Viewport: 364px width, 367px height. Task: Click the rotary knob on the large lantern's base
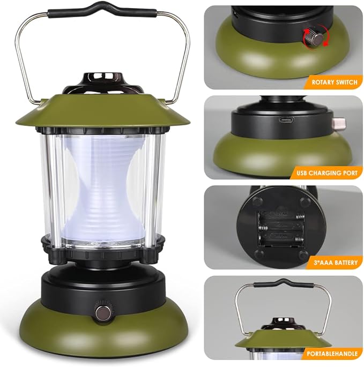pyautogui.click(x=103, y=311)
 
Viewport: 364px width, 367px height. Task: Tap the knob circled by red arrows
pyautogui.click(x=315, y=38)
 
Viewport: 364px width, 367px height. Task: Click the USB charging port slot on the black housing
pyautogui.click(x=286, y=121)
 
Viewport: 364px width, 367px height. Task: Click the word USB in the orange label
pyautogui.click(x=302, y=173)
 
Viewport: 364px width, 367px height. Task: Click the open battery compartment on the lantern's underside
pyautogui.click(x=281, y=229)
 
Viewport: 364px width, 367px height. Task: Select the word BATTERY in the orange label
pyautogui.click(x=345, y=263)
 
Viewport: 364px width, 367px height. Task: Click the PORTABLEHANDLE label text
pyautogui.click(x=332, y=354)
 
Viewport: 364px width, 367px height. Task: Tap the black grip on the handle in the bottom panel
pyautogui.click(x=284, y=283)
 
